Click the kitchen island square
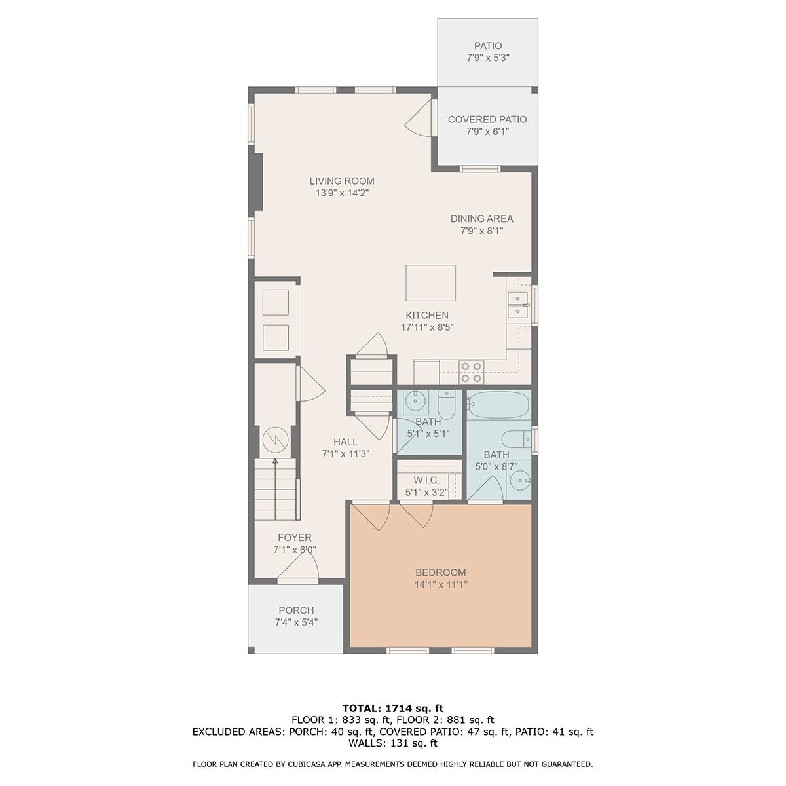click(x=430, y=283)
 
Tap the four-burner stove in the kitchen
click(x=471, y=372)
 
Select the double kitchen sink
click(x=517, y=305)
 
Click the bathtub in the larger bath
click(x=499, y=405)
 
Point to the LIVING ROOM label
click(x=342, y=181)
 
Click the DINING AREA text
click(x=481, y=219)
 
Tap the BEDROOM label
click(x=441, y=572)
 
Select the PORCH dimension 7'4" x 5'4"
click(x=296, y=622)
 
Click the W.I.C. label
click(x=426, y=481)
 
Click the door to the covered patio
click(x=420, y=117)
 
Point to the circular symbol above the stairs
click(x=275, y=440)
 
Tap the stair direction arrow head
click(x=275, y=461)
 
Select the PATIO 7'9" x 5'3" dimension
click(x=488, y=58)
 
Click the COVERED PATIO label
click(x=487, y=119)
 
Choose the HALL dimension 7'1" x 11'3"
click(x=346, y=453)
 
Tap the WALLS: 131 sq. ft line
click(x=393, y=743)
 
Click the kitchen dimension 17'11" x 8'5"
click(x=427, y=327)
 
